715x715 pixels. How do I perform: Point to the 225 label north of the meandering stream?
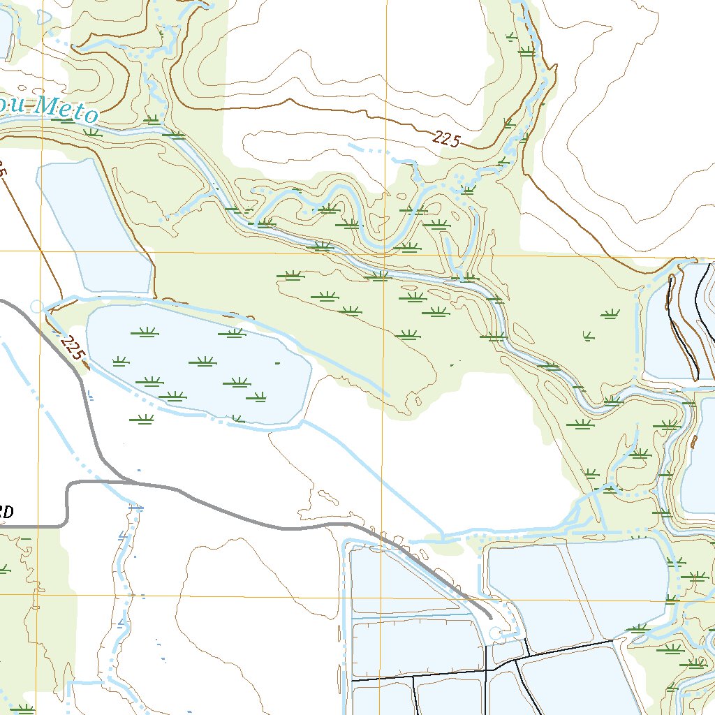[445, 139]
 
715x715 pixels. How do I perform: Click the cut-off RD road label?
[5, 512]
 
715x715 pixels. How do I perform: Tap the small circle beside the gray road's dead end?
[496, 633]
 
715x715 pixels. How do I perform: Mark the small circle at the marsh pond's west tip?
[36, 306]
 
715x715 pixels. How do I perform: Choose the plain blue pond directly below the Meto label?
[91, 223]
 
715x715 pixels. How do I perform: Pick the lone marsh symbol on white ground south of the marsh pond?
[142, 419]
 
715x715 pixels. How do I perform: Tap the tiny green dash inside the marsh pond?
[277, 363]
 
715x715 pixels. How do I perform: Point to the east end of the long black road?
[614, 640]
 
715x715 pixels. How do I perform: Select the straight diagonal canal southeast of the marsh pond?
[370, 475]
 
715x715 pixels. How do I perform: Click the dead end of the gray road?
[489, 618]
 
